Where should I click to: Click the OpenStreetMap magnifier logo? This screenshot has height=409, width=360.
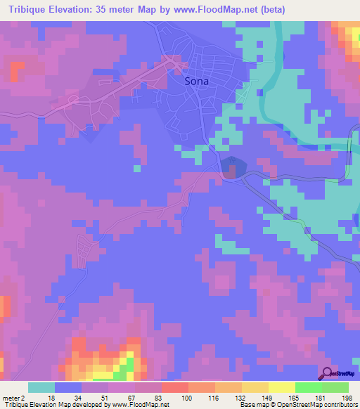pyautogui.click(x=328, y=374)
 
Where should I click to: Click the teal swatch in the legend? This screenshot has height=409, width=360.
pyautogui.click(x=41, y=387)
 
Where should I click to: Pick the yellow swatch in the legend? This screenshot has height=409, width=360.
pyautogui.click(x=281, y=387)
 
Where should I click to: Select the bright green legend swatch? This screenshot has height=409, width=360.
pyautogui.click(x=308, y=387)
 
